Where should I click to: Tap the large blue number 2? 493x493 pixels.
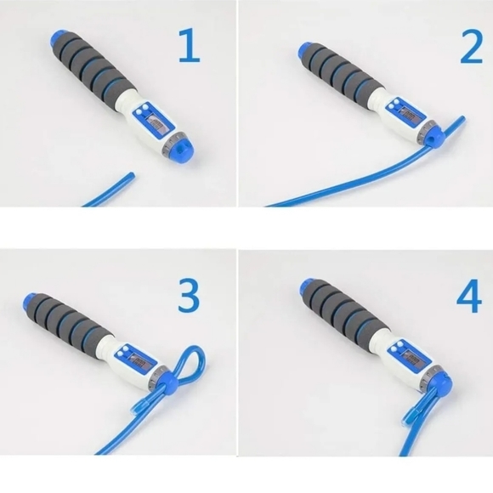[x=470, y=48]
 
